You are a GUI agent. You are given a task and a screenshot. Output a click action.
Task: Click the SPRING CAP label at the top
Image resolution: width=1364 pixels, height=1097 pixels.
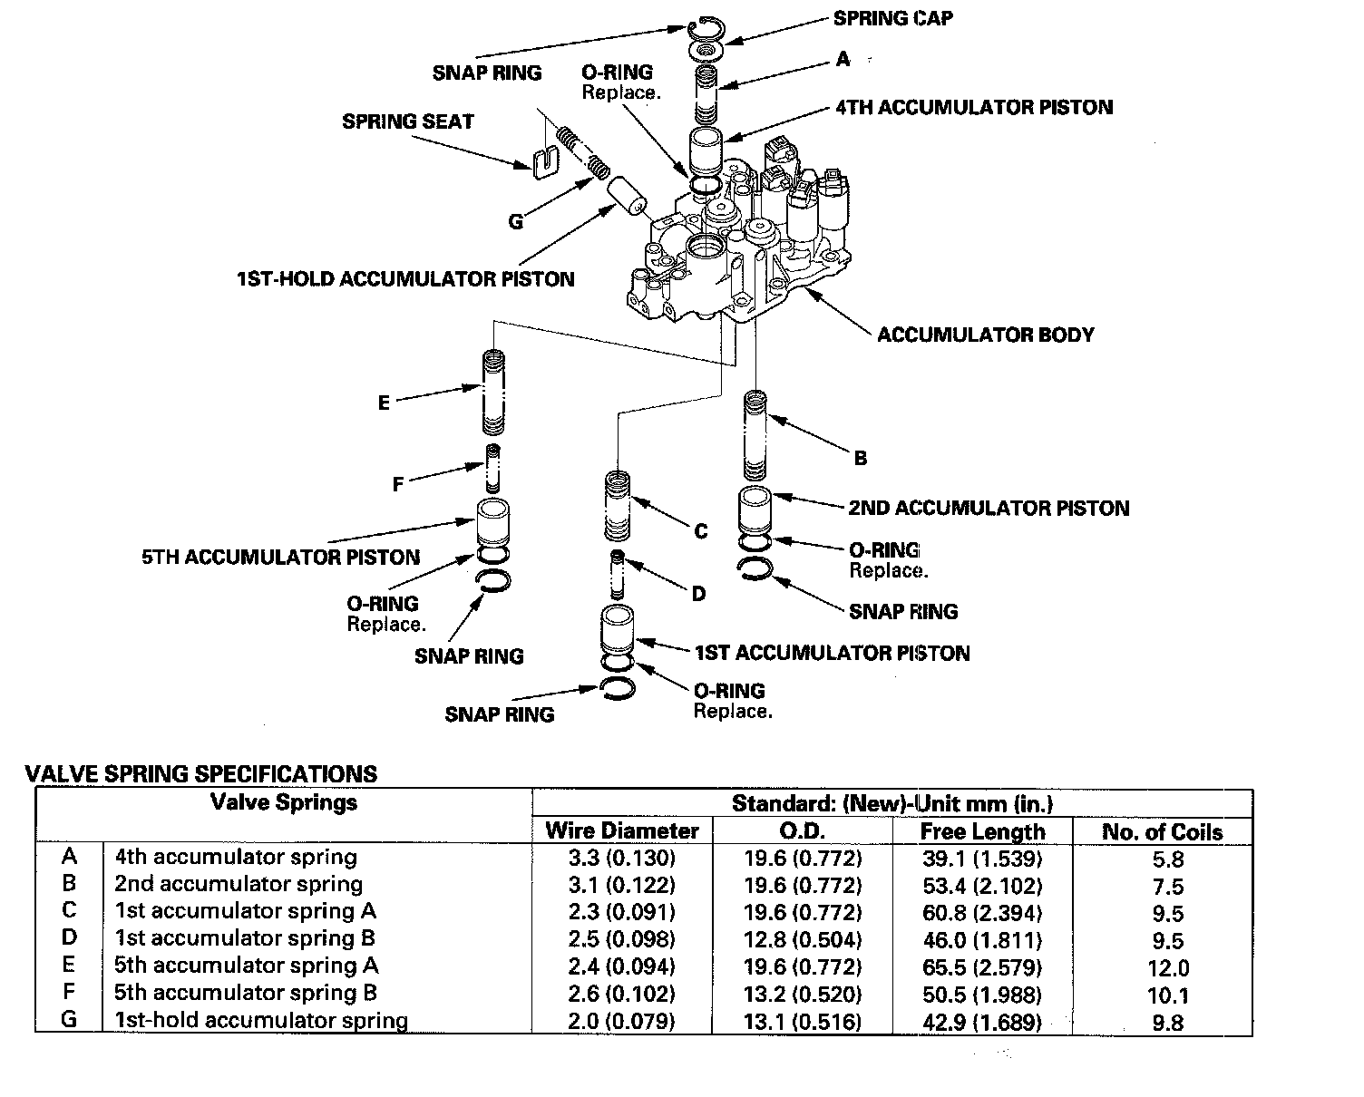point(892,18)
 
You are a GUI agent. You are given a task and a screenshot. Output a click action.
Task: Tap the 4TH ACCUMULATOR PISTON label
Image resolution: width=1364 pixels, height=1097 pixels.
point(973,107)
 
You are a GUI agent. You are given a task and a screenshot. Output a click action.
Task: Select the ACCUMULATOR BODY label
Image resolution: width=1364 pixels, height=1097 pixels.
point(985,335)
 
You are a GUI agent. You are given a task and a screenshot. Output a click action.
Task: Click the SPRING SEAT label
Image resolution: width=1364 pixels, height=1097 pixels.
point(407,121)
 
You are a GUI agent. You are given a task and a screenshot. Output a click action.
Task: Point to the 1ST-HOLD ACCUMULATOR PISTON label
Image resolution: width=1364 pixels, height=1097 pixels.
point(404,278)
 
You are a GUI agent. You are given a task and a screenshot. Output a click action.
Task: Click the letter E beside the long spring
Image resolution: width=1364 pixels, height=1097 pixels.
point(384,403)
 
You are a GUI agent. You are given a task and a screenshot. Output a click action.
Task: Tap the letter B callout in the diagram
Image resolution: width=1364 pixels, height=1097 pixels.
point(861,458)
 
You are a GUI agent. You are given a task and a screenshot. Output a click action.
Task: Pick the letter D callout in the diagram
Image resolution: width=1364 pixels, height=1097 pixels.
point(698,594)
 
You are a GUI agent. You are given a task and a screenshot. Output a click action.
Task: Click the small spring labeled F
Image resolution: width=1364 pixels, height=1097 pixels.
point(492,467)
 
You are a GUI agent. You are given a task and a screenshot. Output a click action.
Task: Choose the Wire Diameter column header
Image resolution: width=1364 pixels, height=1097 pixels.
point(622,831)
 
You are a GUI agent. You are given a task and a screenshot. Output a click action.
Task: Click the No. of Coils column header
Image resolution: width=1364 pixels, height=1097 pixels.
point(1162,831)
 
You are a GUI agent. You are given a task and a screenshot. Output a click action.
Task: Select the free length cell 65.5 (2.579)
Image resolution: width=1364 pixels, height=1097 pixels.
point(982,967)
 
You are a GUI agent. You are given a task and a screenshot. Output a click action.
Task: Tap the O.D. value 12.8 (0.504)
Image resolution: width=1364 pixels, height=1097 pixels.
point(803,940)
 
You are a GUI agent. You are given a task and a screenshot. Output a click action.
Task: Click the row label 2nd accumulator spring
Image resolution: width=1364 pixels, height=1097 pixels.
point(238,884)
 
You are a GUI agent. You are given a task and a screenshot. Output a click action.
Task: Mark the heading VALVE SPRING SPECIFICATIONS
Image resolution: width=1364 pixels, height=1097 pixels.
point(200,773)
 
